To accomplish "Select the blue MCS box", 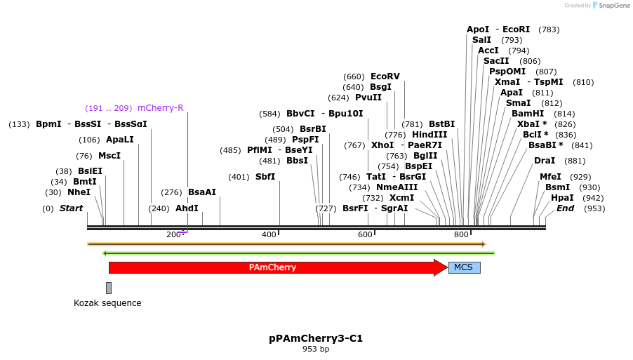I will pos(464,267).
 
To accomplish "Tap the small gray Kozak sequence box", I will pos(109,288).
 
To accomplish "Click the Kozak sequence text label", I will pos(107,303).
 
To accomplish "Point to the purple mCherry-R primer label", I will pos(161,108).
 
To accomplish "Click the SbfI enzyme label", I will pos(265,177).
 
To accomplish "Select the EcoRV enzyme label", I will pos(385,76).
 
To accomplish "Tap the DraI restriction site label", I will pos(545,161).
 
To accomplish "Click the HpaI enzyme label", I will pos(562,198).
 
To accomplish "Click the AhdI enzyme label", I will pos(187,208).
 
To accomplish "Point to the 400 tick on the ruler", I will pos(279,231).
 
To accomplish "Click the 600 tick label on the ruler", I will pos(365,234).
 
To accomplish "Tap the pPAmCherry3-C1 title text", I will pos(316,338).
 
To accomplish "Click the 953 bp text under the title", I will pos(316,349).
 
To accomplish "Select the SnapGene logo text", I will pos(614,6).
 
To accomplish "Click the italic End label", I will pos(565,208).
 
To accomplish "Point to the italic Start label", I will pos(71,208).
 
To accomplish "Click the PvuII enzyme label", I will pos(368,98).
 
